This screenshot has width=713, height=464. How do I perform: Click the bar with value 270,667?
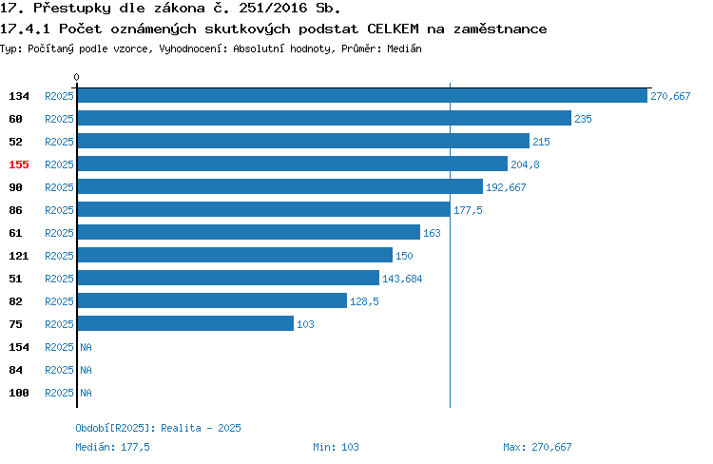[x=362, y=95]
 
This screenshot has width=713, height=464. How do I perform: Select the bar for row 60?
[x=324, y=118]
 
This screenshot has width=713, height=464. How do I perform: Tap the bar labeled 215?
[x=303, y=141]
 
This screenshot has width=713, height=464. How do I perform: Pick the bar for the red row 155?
[x=293, y=164]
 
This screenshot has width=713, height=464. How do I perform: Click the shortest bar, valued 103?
[x=185, y=323]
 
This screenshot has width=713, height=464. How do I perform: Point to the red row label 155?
[x=19, y=164]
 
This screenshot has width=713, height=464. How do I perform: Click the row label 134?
[x=19, y=96]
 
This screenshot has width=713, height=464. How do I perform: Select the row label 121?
[x=19, y=256]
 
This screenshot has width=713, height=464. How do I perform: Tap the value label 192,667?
[x=506, y=187]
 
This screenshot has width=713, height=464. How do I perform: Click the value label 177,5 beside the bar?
[x=468, y=210]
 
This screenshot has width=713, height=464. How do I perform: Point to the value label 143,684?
[x=402, y=279]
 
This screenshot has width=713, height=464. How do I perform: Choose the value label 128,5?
[x=364, y=301]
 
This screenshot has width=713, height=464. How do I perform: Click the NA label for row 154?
[x=86, y=347]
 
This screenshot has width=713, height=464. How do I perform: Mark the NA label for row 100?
[x=86, y=393]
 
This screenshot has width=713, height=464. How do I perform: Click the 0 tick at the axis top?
[x=76, y=77]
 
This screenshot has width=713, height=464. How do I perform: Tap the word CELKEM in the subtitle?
[x=393, y=29]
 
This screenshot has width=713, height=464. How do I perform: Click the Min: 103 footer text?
[x=336, y=447]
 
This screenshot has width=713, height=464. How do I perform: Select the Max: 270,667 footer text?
[x=537, y=447]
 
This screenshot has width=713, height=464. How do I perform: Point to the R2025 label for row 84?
[x=59, y=370]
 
